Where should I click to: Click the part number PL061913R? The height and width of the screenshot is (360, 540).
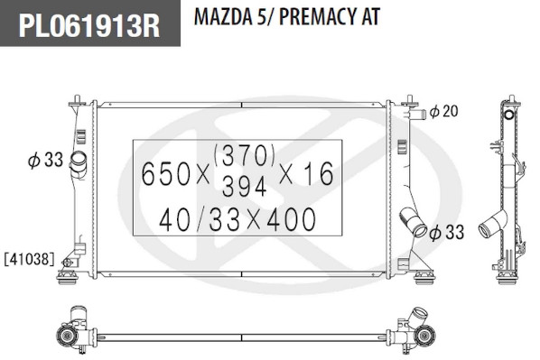[x=89, y=25]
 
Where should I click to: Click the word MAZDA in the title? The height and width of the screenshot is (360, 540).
[x=223, y=16]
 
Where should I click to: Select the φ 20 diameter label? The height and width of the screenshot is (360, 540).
[x=444, y=111]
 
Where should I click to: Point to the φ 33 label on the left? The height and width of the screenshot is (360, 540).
[x=45, y=160]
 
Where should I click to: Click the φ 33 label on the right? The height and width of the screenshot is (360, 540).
[x=447, y=232]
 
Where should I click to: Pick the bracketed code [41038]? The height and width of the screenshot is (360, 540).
[x=29, y=259]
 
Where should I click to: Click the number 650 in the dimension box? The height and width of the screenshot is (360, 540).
[x=165, y=174]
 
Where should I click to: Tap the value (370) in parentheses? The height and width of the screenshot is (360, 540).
[x=245, y=154]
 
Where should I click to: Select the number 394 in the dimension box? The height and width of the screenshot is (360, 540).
[x=245, y=186]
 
